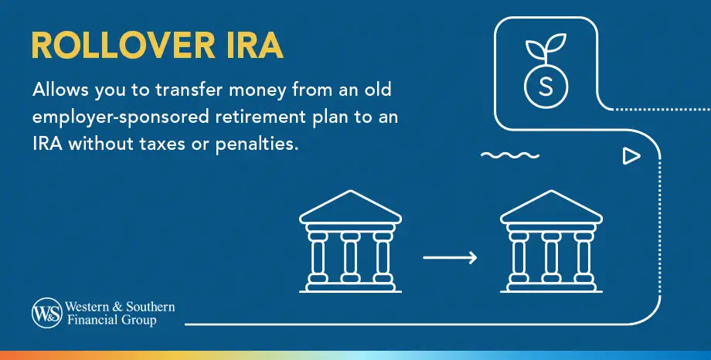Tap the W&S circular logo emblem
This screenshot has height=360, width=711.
[46, 314]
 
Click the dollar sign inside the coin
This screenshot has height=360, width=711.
[546, 86]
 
